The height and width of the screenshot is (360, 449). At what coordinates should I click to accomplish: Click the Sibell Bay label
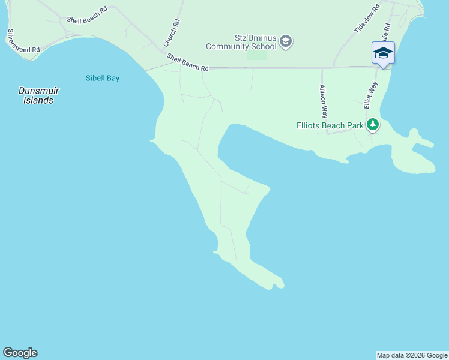103,78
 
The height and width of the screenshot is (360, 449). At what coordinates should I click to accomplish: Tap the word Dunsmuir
38,91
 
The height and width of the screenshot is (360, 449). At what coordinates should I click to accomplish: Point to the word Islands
38,101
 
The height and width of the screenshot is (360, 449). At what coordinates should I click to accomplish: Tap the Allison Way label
323,101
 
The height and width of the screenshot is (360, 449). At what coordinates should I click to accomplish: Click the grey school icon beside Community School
286,41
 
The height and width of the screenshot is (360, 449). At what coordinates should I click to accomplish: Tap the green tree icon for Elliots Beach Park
373,125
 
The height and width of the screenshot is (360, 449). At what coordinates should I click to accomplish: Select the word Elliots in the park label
311,125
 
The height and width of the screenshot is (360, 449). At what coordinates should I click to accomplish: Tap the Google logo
20,353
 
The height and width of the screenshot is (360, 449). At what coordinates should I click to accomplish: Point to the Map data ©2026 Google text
412,355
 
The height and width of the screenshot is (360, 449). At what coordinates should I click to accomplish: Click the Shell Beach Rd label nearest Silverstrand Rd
87,20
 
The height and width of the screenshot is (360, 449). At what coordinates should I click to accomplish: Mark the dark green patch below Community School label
257,55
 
